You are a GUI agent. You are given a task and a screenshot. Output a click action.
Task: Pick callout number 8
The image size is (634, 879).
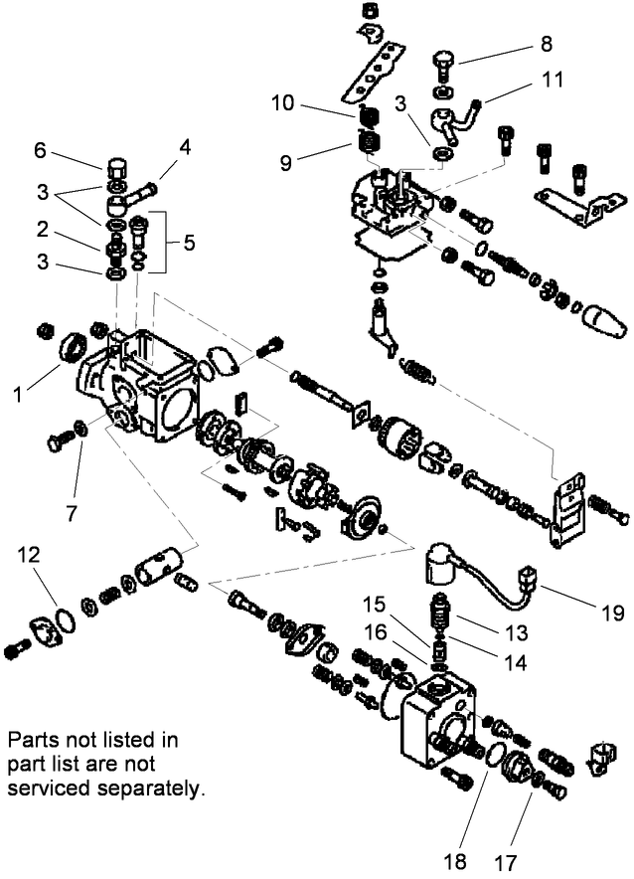tap(546, 44)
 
